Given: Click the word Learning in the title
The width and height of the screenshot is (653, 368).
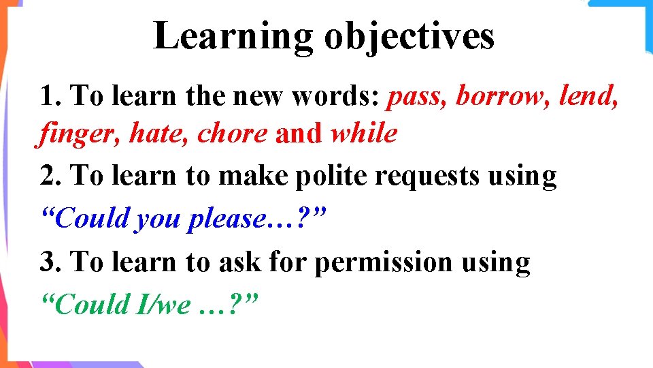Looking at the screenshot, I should point(233,37).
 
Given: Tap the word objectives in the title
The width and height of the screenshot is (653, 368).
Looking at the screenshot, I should point(409,37).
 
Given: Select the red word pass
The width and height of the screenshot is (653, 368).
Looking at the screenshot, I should point(417,97).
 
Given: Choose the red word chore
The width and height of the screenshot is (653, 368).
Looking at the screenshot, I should point(232,134).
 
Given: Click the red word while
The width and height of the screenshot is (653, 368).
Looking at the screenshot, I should point(363,134).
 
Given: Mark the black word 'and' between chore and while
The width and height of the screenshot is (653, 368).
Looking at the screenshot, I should point(299,134).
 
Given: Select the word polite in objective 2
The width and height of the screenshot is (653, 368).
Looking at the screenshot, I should point(331,177).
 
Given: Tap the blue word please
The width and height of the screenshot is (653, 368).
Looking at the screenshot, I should point(229,219).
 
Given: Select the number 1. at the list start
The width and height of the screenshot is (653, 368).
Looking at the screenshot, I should point(51,97).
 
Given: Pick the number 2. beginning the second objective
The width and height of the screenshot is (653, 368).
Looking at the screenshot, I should point(51,177).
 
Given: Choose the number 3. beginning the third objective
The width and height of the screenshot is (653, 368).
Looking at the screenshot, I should point(51,262).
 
